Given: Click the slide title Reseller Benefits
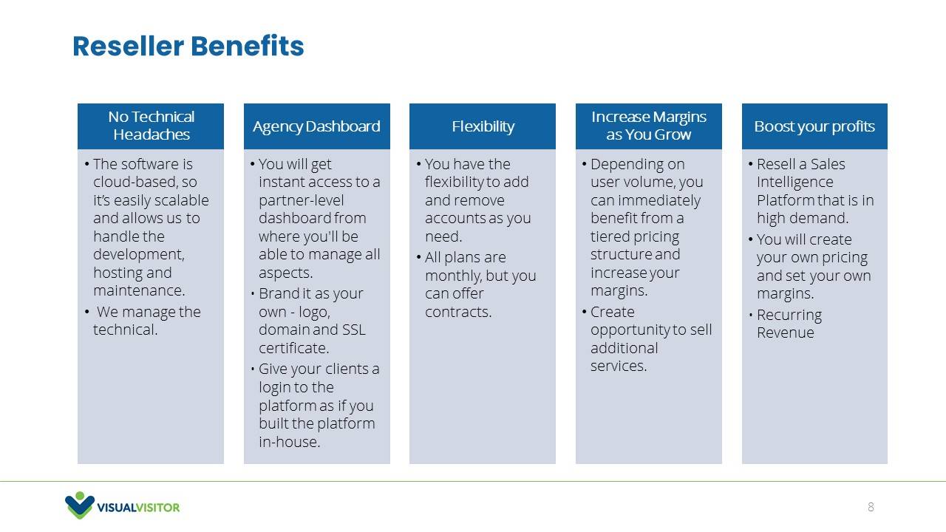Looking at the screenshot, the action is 188,46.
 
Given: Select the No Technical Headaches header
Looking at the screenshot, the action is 151,126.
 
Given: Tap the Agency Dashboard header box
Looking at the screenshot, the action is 317,126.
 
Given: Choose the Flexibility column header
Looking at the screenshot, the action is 483,126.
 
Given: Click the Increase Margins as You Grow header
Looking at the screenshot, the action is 649,126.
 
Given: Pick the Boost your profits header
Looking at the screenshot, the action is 814,126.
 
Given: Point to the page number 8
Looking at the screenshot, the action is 871,507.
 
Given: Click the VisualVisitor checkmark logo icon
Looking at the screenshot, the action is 79,505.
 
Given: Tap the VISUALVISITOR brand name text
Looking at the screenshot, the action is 138,507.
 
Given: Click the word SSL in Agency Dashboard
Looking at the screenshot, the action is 354,330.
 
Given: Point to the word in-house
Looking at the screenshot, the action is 289,442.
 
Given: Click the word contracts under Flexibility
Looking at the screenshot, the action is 458,312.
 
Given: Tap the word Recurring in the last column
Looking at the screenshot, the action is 789,316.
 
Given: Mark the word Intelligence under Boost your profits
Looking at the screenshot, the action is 794,183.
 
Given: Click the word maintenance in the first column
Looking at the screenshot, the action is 139,290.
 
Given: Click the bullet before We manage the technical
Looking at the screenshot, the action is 86,312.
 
